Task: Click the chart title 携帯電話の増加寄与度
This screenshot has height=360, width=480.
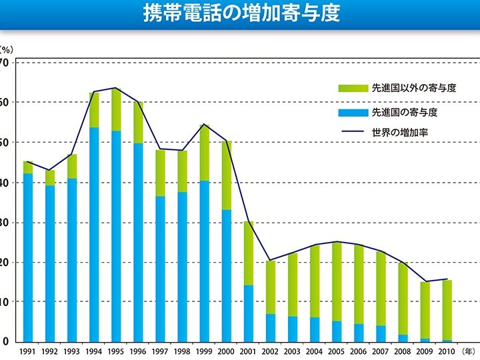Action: pyautogui.click(x=241, y=14)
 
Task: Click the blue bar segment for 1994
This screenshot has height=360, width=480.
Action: pyautogui.click(x=94, y=233)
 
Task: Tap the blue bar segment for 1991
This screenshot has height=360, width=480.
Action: pyautogui.click(x=28, y=257)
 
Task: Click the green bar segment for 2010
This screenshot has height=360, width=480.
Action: pyautogui.click(x=447, y=309)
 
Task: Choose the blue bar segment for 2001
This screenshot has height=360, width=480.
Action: pyautogui.click(x=248, y=313)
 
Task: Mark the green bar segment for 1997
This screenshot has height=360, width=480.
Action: pyautogui.click(x=160, y=173)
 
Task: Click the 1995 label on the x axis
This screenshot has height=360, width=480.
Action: pyautogui.click(x=116, y=351)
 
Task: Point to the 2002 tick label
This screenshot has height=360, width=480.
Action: pyautogui.click(x=270, y=351)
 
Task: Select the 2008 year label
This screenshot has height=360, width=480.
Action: pyautogui.click(x=402, y=351)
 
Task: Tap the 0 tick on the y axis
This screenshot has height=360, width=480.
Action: pyautogui.click(x=5, y=341)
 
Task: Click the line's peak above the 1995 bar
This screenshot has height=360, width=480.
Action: pyautogui.click(x=116, y=88)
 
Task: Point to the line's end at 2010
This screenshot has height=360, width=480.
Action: pyautogui.click(x=447, y=279)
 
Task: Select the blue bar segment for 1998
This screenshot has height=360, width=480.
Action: pyautogui.click(x=182, y=266)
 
